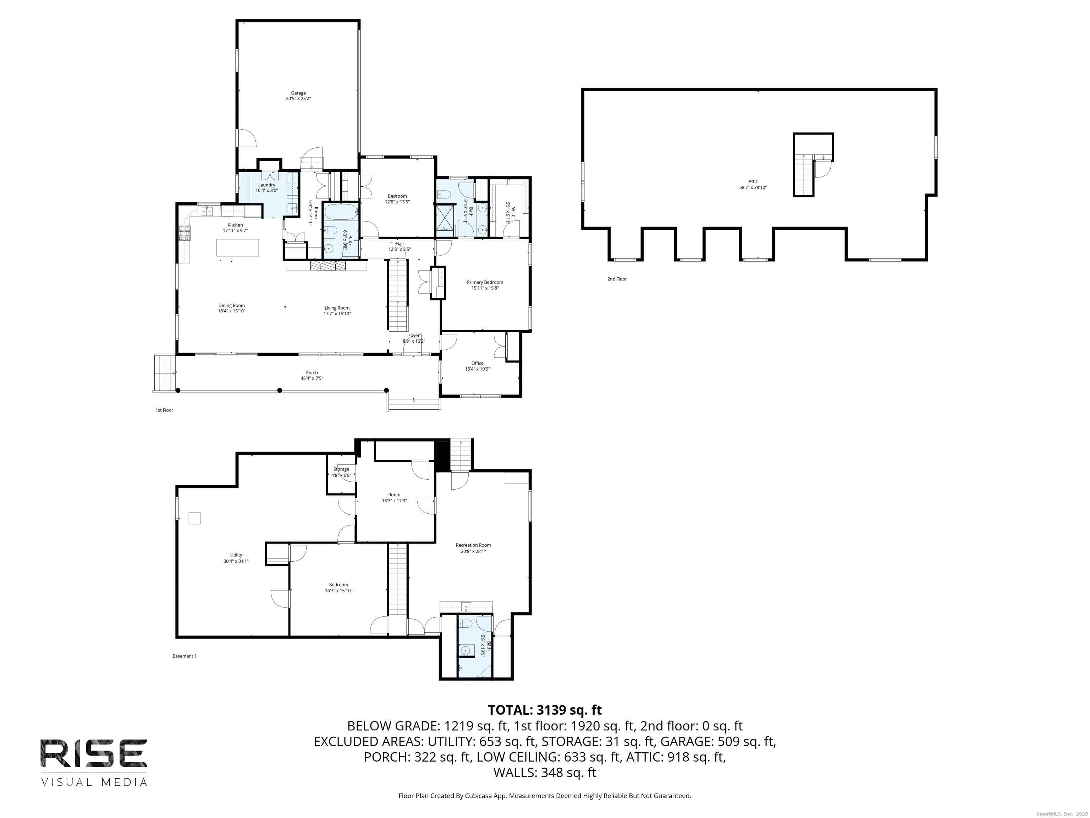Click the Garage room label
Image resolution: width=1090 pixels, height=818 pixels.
click(298, 93)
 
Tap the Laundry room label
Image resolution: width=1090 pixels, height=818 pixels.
click(266, 185)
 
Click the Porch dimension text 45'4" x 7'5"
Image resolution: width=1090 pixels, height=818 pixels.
click(312, 378)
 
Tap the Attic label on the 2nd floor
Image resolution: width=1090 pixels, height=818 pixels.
click(753, 181)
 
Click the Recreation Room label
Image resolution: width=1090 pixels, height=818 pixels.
click(473, 545)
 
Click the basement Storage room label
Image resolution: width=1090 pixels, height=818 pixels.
click(341, 469)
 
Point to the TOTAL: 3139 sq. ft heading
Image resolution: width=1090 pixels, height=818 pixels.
click(545, 710)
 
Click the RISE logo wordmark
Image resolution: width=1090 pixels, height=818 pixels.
click(94, 753)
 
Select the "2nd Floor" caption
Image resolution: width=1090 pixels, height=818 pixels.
click(617, 279)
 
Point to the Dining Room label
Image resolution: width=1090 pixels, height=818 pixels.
click(232, 306)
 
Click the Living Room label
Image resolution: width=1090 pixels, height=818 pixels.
click(337, 308)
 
